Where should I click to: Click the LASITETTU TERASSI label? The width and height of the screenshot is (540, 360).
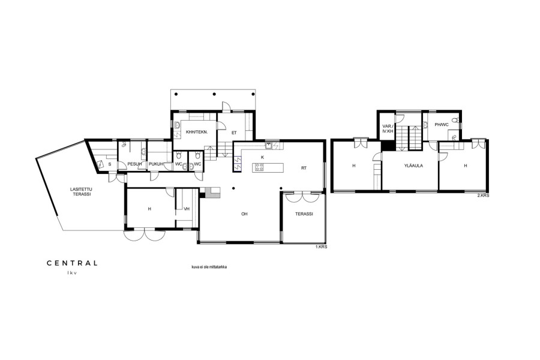point(81,191)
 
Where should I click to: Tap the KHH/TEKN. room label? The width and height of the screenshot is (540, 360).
point(197,132)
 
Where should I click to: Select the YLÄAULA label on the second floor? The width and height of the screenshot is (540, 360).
point(413,166)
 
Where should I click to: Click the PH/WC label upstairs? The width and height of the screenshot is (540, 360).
point(442,125)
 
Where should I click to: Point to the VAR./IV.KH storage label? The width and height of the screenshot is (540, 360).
point(388,128)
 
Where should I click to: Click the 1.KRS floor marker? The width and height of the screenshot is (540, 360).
point(322,247)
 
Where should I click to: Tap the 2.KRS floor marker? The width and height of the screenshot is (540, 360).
point(483,196)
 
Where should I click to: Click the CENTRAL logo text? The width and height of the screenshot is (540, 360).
point(72,263)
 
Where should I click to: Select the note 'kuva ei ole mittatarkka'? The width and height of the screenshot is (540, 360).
point(209,267)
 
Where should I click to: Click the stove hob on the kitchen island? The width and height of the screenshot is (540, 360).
point(259,168)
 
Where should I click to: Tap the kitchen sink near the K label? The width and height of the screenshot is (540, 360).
point(269,145)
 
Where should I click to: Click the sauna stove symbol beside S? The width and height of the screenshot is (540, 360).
point(101,164)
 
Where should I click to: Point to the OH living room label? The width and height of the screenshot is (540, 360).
point(244,214)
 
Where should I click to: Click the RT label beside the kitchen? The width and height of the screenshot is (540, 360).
point(304,168)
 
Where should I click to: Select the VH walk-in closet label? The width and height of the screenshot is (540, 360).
point(187,209)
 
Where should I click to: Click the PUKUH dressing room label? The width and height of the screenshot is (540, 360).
point(156,164)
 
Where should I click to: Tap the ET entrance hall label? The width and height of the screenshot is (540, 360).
point(234,133)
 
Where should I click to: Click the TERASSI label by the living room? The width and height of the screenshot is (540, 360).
point(304,214)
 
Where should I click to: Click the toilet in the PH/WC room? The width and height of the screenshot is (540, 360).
point(456,120)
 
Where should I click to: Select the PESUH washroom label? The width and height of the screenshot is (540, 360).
point(134,164)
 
